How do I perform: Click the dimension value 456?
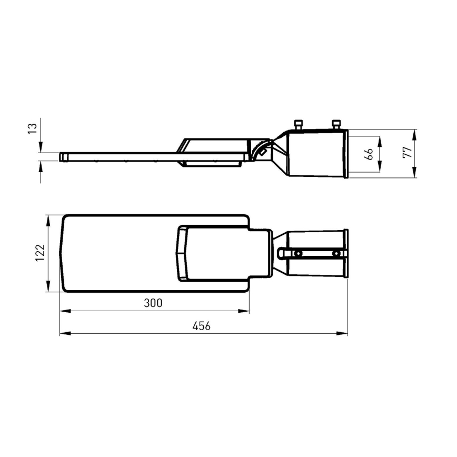pos(201,326)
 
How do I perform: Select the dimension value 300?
pos(152,303)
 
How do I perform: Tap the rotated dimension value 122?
pos(40,253)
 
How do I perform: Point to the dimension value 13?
pos(33,128)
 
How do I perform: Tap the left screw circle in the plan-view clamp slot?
pos(298,254)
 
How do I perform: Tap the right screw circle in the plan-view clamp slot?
pos(336,254)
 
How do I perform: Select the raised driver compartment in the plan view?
pos(211,253)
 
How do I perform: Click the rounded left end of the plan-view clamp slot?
pos(281,254)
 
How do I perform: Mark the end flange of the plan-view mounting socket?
pos(346,254)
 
